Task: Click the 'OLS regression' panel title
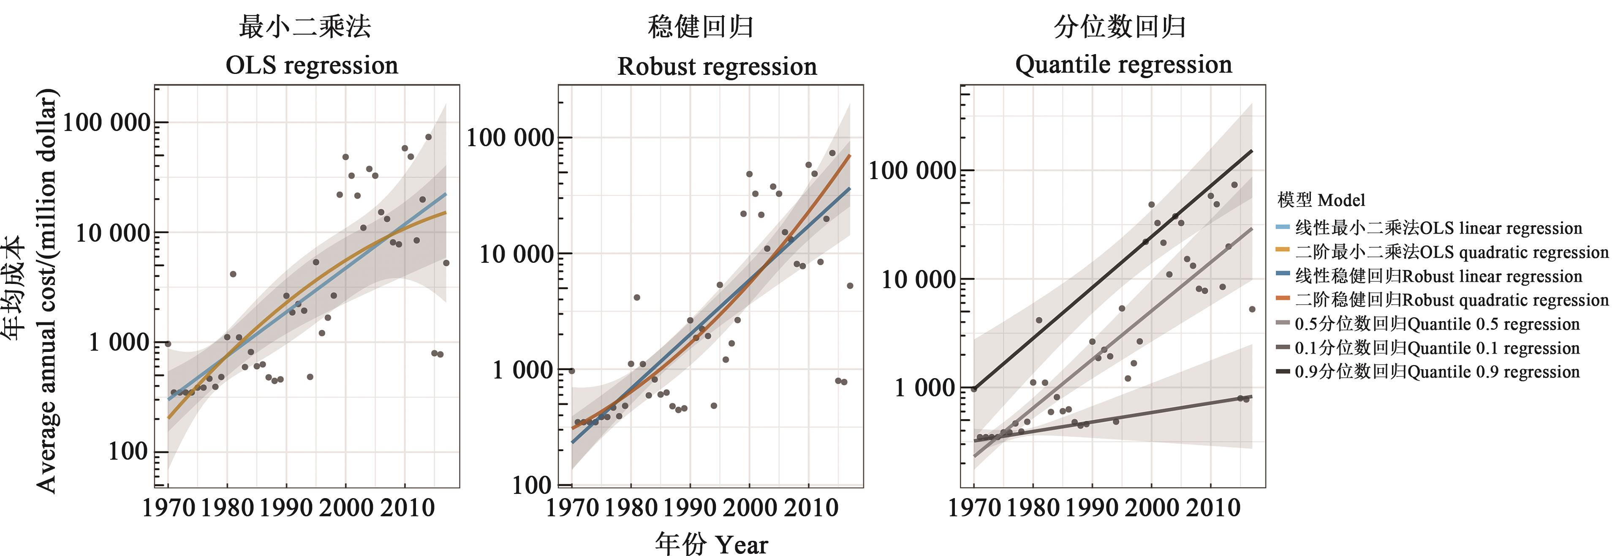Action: click(x=312, y=65)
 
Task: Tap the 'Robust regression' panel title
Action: click(x=717, y=66)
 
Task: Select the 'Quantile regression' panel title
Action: click(x=1123, y=65)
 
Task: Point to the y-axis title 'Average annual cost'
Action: click(x=46, y=291)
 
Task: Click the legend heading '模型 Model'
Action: click(x=1321, y=200)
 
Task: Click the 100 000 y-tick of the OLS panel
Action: click(x=107, y=122)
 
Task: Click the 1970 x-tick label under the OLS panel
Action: click(x=169, y=507)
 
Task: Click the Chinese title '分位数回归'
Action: click(x=1120, y=27)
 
